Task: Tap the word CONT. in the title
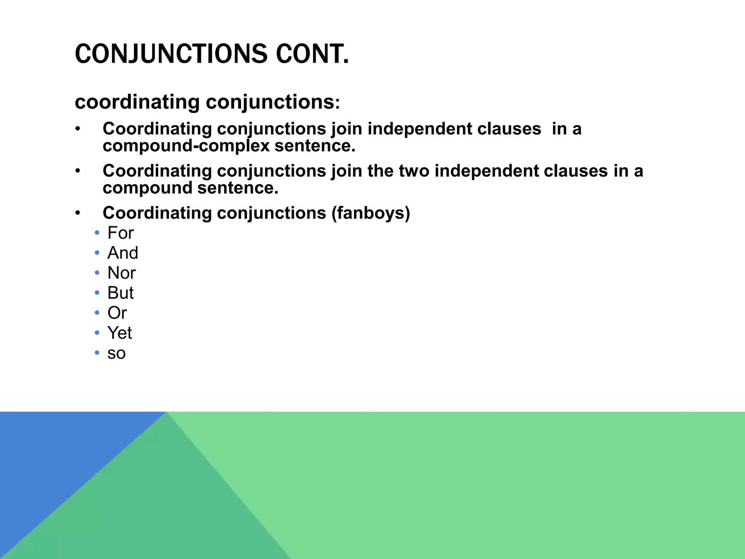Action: pyautogui.click(x=312, y=54)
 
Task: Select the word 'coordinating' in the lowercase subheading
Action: pyautogui.click(x=137, y=102)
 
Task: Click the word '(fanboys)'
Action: pyautogui.click(x=370, y=213)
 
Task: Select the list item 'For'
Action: pyautogui.click(x=120, y=233)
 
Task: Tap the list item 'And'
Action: pyautogui.click(x=123, y=253)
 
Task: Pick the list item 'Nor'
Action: pyautogui.click(x=121, y=273)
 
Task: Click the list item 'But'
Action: pyautogui.click(x=120, y=293)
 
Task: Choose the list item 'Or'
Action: pyautogui.click(x=117, y=313)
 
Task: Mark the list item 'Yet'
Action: pyautogui.click(x=119, y=333)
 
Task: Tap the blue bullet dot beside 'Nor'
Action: pyautogui.click(x=97, y=273)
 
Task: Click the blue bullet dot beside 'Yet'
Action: pyautogui.click(x=97, y=333)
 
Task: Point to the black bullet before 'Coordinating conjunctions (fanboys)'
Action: pyautogui.click(x=77, y=213)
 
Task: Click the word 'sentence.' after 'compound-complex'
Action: pyautogui.click(x=315, y=146)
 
